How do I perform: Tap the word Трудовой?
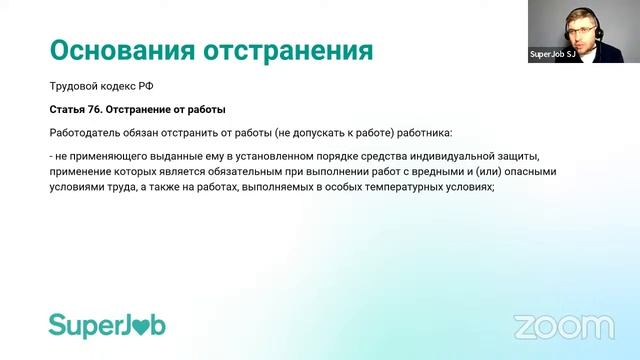74,87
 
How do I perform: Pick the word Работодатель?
86,132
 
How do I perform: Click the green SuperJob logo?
107,325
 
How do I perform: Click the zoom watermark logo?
563,326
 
